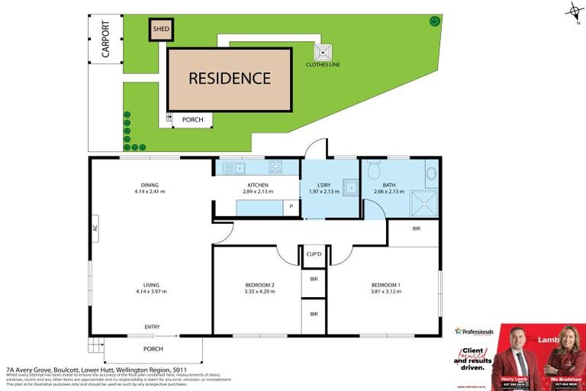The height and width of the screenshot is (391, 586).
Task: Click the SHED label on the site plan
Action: pos(161,30)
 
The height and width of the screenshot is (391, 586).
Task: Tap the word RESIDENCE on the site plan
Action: pos(230,78)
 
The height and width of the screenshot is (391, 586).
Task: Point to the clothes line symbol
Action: pos(324,53)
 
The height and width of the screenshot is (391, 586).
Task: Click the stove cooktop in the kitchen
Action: pos(275,166)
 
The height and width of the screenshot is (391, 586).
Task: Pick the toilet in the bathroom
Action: pos(373,170)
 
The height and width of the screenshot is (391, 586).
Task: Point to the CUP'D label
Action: pos(314,254)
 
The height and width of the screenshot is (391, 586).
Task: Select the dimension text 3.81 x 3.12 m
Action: pos(385,291)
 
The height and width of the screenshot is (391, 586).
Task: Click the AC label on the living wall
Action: pos(95,228)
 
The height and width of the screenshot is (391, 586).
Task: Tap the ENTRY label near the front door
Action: pos(153,328)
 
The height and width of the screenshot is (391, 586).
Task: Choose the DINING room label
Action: pos(150,184)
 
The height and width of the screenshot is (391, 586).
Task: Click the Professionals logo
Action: pos(475,331)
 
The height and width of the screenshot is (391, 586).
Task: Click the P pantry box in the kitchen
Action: pos(291,206)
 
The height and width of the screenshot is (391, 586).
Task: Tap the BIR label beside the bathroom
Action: pos(417,228)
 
